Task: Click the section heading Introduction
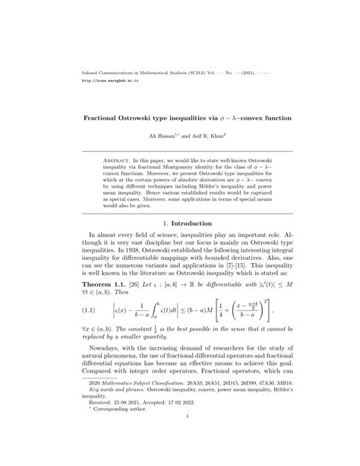pos(185,246)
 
